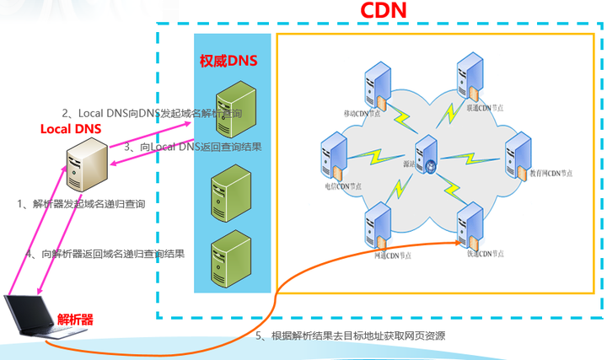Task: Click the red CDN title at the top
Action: (x=384, y=11)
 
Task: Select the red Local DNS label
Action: (x=71, y=129)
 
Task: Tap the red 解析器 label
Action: (x=76, y=319)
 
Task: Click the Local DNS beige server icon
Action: (x=86, y=165)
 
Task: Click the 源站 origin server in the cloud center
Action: (x=426, y=156)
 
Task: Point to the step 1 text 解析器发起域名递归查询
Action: (x=82, y=204)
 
